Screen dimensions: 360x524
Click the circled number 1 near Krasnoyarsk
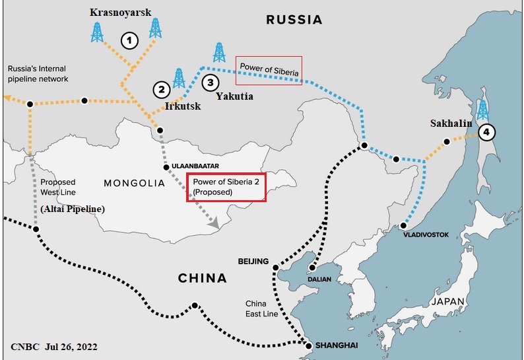tap(131, 41)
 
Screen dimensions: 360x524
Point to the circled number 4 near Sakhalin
tap(486, 132)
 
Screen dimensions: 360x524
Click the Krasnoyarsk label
tap(120, 13)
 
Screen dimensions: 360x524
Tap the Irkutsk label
tap(183, 106)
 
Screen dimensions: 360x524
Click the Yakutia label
tap(234, 96)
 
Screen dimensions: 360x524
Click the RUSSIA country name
tap(294, 20)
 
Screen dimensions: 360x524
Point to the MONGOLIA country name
tap(134, 183)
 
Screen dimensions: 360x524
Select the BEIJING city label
tap(253, 262)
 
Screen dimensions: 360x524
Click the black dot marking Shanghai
tap(308, 344)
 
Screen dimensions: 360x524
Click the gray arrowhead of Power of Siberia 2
tap(214, 224)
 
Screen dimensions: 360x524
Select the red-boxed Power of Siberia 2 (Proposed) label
tap(226, 187)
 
